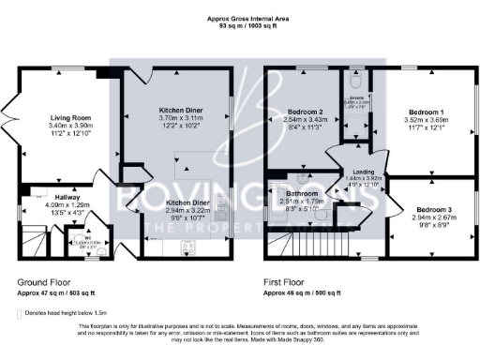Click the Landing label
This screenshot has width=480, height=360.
click(x=364, y=171)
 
